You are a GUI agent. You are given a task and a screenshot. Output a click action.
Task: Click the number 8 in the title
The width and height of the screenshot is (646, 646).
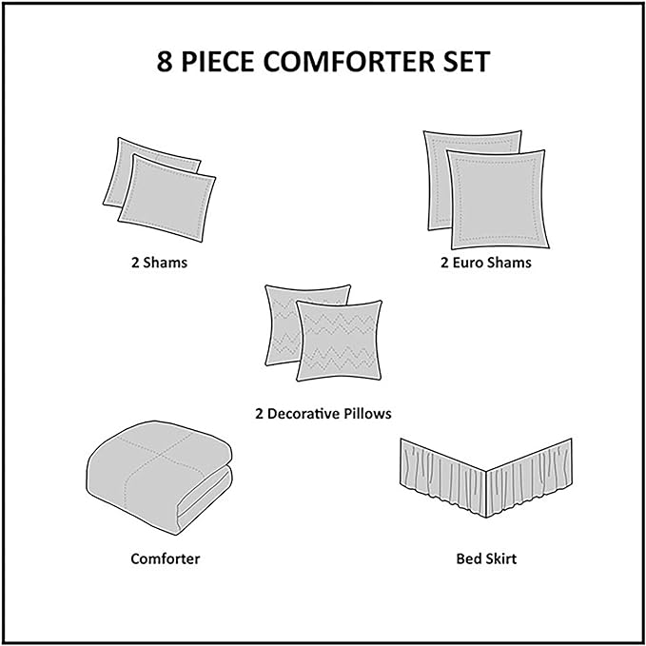click(165, 62)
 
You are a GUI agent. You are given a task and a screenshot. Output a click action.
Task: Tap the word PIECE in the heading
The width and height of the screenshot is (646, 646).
click(218, 62)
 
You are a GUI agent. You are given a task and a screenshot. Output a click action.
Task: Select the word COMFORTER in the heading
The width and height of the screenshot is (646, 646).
click(349, 62)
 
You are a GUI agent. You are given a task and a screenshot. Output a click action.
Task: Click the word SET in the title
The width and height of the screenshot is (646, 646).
click(467, 62)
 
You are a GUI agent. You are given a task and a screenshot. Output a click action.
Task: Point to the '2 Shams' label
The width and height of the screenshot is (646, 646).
click(160, 263)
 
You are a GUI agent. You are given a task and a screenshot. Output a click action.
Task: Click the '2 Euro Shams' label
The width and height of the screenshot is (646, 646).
click(486, 263)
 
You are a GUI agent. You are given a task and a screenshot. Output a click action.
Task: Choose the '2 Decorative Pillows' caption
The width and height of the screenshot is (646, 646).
click(323, 413)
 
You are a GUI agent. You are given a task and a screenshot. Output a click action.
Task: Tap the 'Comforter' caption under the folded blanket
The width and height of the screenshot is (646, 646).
click(166, 558)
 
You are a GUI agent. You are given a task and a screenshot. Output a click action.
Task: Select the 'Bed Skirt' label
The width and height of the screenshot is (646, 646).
click(486, 558)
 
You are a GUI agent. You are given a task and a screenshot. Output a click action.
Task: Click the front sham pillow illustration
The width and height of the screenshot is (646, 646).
click(166, 198)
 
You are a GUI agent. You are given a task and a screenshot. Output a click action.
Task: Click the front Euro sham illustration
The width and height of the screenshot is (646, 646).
click(498, 200)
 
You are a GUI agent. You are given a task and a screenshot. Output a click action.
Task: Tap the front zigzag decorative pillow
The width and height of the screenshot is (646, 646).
click(339, 341)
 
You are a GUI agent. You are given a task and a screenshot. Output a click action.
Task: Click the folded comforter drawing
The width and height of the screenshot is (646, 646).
click(160, 477)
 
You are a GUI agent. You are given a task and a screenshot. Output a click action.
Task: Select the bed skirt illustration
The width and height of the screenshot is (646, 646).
click(486, 478)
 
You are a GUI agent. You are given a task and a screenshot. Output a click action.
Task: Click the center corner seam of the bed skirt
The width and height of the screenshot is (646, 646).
click(486, 494)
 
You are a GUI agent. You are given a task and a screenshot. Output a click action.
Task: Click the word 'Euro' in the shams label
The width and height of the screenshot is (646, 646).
click(468, 263)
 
